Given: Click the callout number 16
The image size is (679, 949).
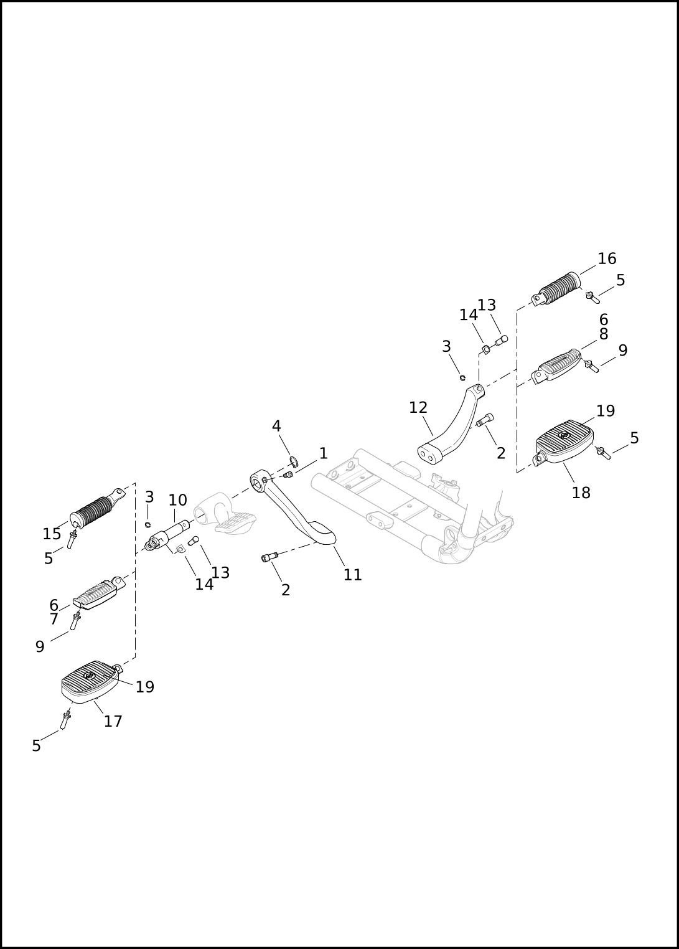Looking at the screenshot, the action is [x=607, y=258].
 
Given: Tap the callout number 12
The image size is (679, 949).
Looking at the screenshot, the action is [x=418, y=408].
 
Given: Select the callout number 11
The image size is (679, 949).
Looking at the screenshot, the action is [x=353, y=575].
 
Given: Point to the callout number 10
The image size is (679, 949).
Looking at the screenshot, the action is [x=178, y=501].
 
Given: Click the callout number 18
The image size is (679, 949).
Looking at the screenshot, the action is [x=581, y=493].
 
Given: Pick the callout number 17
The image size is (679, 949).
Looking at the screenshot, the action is [x=113, y=721].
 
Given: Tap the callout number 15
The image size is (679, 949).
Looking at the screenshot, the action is [x=52, y=534].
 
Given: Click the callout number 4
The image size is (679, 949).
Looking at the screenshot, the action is [x=276, y=426].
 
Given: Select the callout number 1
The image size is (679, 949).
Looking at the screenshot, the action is [x=324, y=453].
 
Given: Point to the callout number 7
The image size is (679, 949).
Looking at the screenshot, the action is [x=54, y=620].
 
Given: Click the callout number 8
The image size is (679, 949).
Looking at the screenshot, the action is [x=603, y=334].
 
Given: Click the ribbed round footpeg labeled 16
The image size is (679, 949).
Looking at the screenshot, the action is [x=556, y=290].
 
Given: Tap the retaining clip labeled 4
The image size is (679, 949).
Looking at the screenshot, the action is [x=293, y=461].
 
